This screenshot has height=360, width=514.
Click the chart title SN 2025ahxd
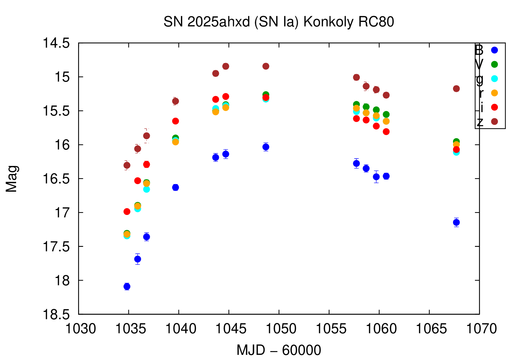coord(279,22)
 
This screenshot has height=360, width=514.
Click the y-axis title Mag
coord(12,179)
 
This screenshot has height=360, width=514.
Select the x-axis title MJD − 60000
coord(279,350)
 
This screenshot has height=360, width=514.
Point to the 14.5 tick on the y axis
coord(56,43)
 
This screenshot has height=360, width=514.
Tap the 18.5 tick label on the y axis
coord(56,314)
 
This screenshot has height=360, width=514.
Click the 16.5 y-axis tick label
coord(56,179)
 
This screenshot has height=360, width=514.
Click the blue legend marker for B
coord(494,50)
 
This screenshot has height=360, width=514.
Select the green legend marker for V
coord(494,64)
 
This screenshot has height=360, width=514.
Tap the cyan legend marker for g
coord(494,79)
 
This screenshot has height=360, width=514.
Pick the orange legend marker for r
coord(494,93)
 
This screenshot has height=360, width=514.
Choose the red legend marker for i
coord(494,107)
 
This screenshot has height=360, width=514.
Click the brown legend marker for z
coord(494,122)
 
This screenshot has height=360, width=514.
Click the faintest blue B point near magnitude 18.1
coord(127,287)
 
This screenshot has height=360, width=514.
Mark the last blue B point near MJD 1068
coord(456,223)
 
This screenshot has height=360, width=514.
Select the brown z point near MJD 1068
coord(456,89)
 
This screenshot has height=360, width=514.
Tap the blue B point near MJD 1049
coord(266,147)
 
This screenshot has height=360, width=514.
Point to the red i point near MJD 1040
coord(175,121)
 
